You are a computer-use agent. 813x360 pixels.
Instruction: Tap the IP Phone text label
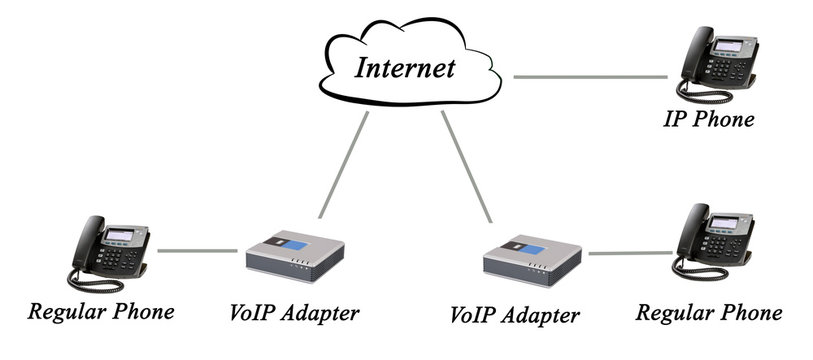708,120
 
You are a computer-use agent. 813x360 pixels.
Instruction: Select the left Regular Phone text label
101,311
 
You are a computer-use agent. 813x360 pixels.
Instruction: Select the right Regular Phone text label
709,313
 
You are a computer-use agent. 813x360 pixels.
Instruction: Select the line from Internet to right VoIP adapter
467,166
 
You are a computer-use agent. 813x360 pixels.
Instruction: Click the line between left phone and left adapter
195,251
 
